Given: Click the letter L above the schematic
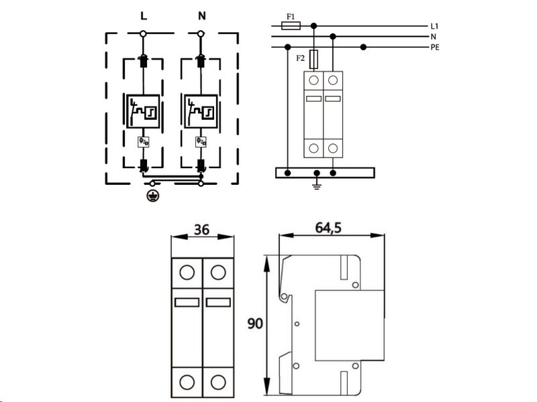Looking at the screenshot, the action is click(144, 16).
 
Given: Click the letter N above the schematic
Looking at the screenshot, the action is click(202, 16).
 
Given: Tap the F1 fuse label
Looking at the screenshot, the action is click(291, 16).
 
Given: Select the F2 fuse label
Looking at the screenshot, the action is click(300, 58).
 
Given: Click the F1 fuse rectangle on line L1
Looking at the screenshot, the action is click(291, 25).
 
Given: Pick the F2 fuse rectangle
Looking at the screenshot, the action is click(313, 60).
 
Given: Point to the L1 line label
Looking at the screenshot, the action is click(434, 26).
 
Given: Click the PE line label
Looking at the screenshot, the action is click(435, 48).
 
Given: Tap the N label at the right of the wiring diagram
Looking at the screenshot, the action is click(433, 37).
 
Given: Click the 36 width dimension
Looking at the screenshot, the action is click(201, 230).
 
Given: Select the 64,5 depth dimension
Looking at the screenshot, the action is click(328, 228).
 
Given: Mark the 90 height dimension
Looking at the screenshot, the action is click(255, 324).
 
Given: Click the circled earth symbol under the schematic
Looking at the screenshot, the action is click(152, 196).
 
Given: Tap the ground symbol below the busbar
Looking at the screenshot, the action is click(317, 186).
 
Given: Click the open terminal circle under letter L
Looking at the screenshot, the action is click(143, 33).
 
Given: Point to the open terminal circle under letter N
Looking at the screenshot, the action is click(201, 33).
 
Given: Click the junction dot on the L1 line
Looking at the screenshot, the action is click(313, 25).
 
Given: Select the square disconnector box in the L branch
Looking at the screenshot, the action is click(143, 111).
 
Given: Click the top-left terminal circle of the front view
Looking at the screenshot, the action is click(187, 273).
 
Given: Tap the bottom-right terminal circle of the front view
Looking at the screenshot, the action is click(218, 382).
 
